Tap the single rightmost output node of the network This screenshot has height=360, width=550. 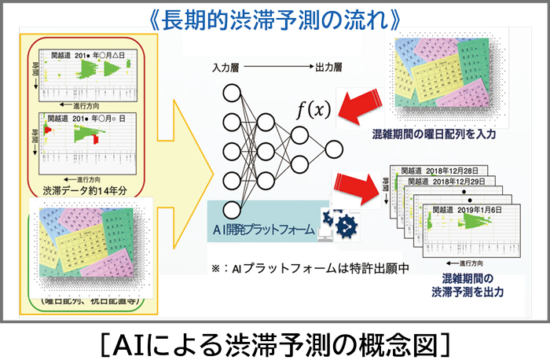[x=334, y=149]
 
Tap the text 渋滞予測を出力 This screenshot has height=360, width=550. [x=467, y=292]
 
